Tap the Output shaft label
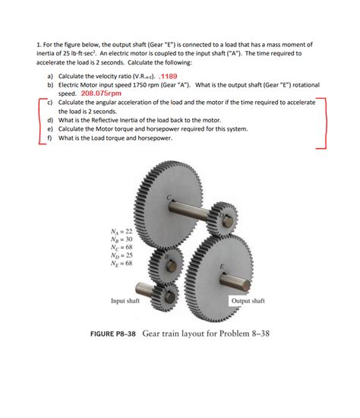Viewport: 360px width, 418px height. tap(248, 301)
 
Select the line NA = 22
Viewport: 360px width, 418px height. tap(121, 230)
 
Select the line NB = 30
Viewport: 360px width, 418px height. tap(121, 239)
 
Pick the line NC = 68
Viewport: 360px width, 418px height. tap(121, 247)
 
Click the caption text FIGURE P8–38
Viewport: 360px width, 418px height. tap(106, 334)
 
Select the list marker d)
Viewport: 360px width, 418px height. tap(49, 120)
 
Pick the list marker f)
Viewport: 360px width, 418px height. tap(49, 138)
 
